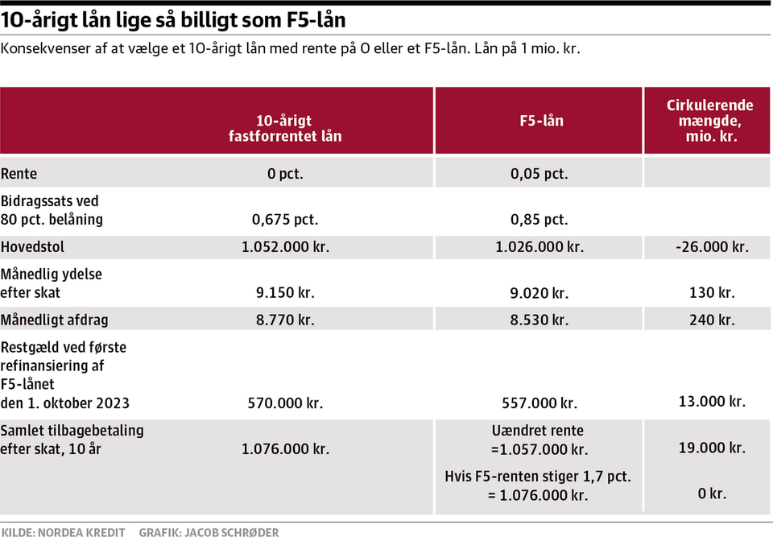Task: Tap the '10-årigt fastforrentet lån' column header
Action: point(285,129)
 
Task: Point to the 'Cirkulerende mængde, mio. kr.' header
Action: point(709,121)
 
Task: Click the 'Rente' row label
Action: point(19,174)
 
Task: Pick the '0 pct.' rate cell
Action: point(285,174)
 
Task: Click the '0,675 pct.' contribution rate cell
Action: point(285,219)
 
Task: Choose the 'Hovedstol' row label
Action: point(33,247)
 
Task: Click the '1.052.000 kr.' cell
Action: point(285,247)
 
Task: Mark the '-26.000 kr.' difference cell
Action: point(712,247)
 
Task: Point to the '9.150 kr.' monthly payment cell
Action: point(285,293)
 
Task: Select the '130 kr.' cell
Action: point(712,293)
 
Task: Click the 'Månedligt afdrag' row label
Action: point(55,320)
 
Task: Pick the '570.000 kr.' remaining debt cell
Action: point(285,403)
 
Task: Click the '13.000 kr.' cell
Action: point(712,401)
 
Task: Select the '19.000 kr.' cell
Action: point(712,448)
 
